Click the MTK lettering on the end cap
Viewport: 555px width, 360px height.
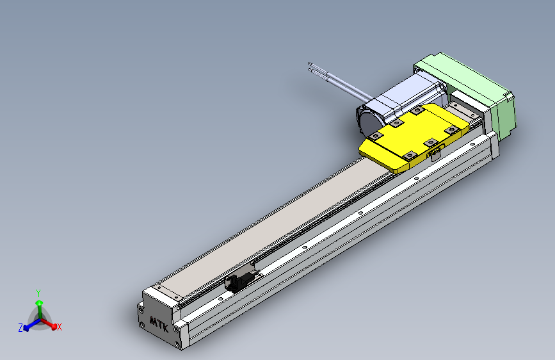click(x=159, y=322)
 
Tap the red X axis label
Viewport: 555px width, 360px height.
click(x=59, y=327)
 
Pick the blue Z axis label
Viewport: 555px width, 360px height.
click(x=20, y=327)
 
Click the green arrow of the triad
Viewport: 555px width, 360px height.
click(x=39, y=305)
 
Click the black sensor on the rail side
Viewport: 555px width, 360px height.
click(x=237, y=281)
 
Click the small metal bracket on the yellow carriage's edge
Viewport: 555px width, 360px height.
click(x=436, y=152)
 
